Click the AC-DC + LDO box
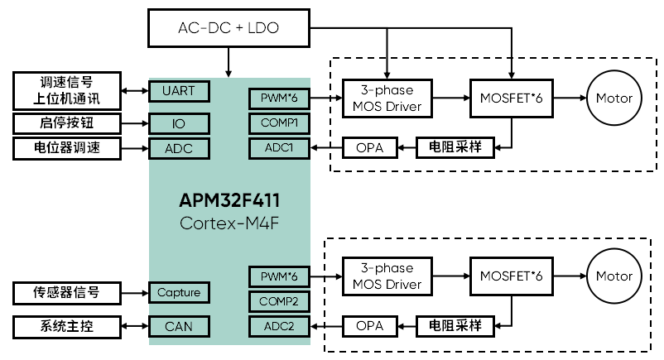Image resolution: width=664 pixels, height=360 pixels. point(228,27)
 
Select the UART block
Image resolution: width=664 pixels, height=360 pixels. point(179,90)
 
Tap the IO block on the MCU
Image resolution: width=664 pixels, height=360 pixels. point(179,123)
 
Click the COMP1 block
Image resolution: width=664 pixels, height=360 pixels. point(278,123)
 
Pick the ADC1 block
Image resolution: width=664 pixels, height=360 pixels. point(278,148)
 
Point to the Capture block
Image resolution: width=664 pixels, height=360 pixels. point(179,292)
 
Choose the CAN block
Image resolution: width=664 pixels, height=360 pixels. point(179,326)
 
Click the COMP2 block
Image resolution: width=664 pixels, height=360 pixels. point(278,301)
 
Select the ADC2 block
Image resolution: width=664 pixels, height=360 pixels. point(278,326)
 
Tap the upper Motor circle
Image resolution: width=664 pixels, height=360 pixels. point(613,98)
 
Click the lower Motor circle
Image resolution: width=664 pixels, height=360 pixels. point(613,276)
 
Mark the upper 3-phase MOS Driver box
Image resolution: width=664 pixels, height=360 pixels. point(387,98)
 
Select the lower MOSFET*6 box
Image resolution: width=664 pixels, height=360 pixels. point(511,276)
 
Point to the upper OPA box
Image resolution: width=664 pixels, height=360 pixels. point(368,148)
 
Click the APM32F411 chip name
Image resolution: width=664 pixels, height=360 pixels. point(229,201)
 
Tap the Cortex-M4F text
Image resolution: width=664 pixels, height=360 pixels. point(229,223)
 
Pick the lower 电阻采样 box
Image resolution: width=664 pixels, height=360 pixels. point(455,326)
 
